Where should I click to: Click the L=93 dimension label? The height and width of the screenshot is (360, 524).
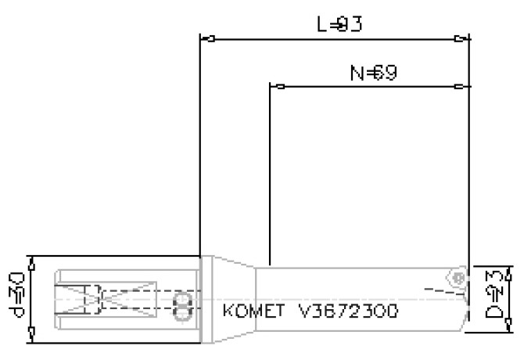click(339, 25)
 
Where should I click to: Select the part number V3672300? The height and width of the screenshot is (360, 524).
click(348, 310)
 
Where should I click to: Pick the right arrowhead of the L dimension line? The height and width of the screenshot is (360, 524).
click(463, 38)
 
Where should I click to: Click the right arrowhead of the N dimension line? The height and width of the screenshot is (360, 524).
click(463, 85)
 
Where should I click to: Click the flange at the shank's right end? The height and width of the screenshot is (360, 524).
click(206, 299)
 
